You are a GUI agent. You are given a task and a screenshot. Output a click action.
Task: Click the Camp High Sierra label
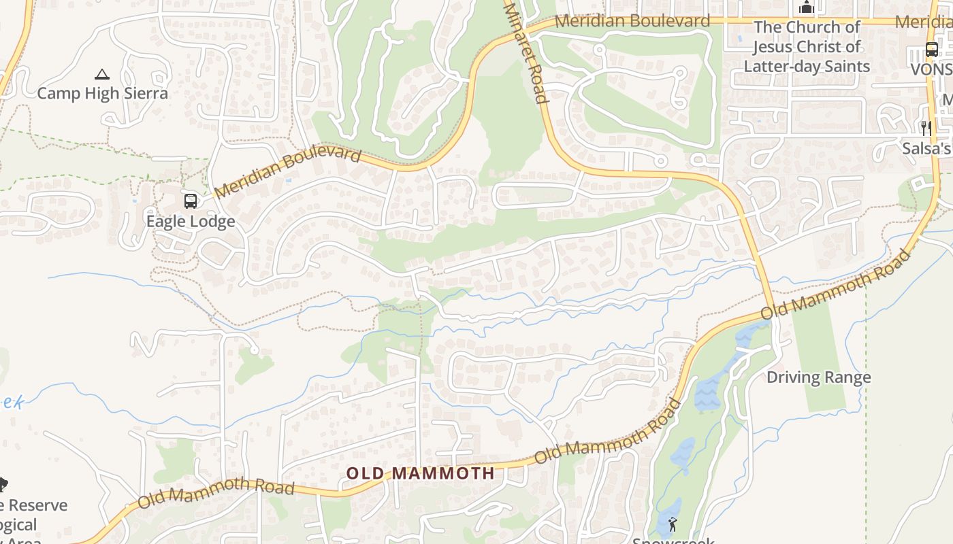tap(102, 93)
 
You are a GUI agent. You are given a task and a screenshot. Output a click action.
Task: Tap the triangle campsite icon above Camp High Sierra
tap(102, 74)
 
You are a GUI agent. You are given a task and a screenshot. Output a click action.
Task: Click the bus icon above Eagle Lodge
tap(191, 201)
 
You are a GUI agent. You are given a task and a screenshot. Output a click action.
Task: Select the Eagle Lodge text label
tap(191, 221)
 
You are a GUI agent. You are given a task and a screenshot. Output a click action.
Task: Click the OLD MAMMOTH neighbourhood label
tap(421, 473)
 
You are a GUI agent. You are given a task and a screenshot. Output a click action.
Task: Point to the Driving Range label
tap(819, 377)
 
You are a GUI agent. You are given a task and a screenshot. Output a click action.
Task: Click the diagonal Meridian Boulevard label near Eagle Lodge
tap(287, 173)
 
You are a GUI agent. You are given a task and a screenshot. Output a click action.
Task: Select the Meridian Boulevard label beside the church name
tap(632, 21)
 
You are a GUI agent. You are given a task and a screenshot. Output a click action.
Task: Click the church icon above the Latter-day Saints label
tap(807, 7)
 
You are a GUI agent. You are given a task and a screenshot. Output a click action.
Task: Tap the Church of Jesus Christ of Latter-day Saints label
tap(807, 47)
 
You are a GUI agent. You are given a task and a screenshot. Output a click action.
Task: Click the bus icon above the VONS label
tap(931, 50)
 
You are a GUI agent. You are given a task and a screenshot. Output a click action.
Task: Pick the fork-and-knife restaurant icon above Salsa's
tap(926, 128)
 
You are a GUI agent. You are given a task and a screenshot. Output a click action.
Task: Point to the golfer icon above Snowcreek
tap(673, 524)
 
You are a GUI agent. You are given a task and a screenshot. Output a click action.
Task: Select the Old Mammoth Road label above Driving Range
tap(835, 285)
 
